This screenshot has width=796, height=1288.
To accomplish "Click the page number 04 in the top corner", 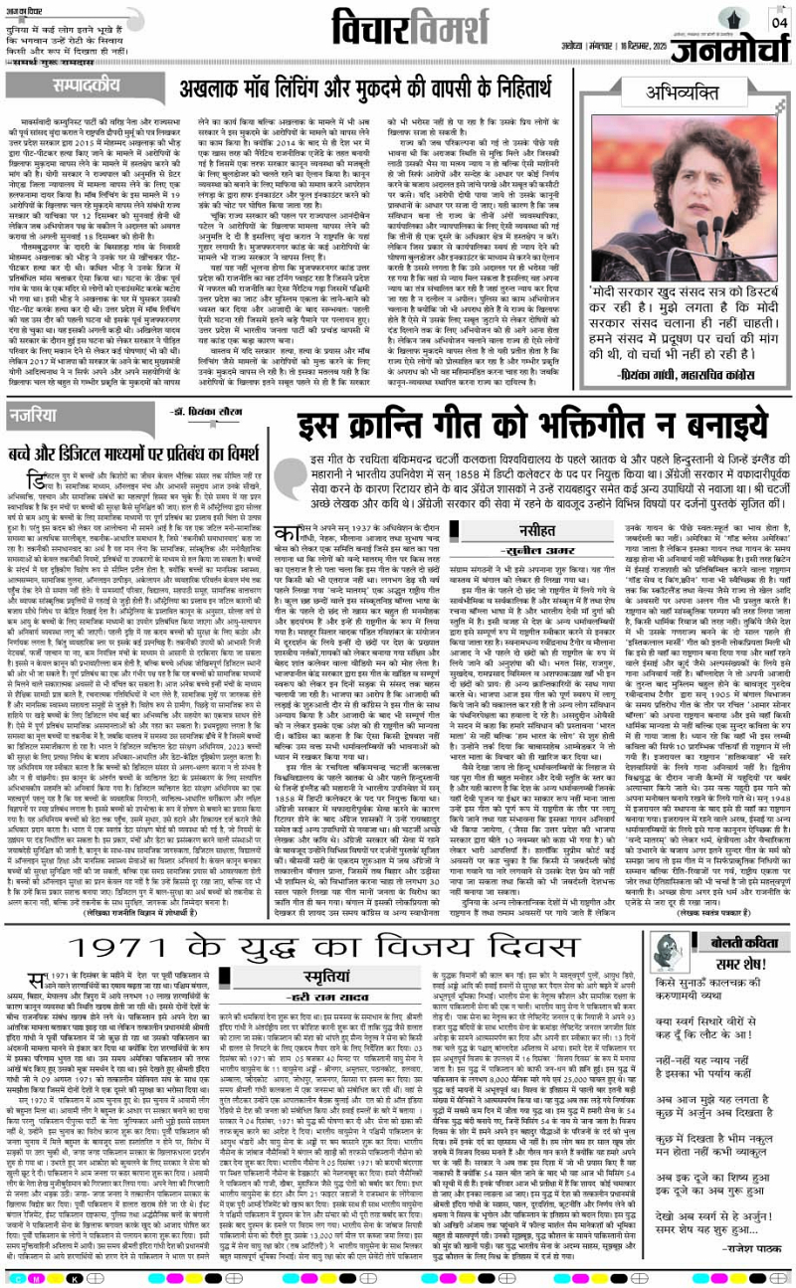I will [x=777, y=21].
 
